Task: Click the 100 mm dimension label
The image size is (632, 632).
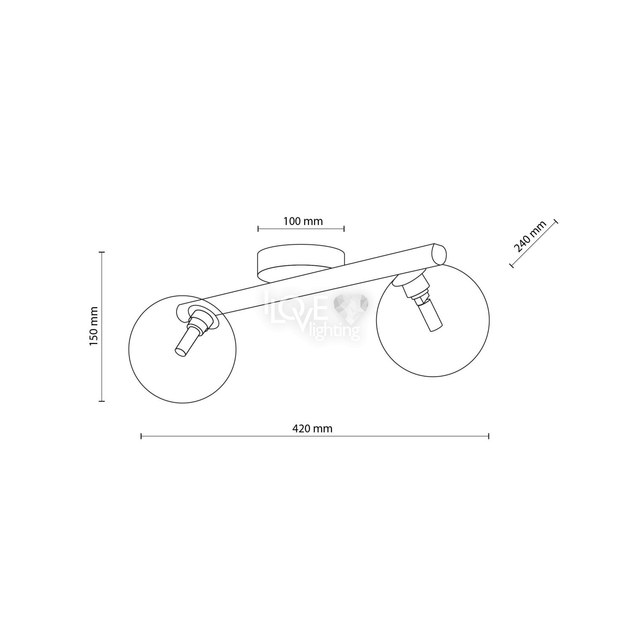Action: tap(303, 221)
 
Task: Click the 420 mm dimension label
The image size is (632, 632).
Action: tap(312, 428)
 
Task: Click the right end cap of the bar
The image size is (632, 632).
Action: tap(439, 254)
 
